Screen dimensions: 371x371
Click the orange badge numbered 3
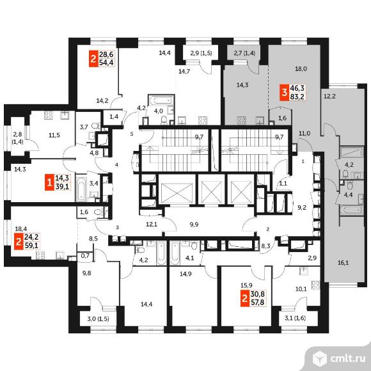point(284,92)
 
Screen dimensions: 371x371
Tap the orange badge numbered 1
point(49,182)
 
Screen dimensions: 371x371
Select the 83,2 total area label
point(297,97)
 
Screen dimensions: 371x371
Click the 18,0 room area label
point(301,69)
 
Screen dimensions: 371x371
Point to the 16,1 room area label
point(343,262)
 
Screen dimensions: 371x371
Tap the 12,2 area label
point(329,97)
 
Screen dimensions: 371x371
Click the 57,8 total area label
point(257,302)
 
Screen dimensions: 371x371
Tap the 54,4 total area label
point(106,63)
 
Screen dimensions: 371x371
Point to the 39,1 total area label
point(62,186)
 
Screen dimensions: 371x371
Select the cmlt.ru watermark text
point(347,359)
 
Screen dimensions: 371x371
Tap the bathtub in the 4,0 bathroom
point(161,100)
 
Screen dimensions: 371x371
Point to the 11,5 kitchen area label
point(54,136)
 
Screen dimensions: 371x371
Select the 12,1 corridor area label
point(152,224)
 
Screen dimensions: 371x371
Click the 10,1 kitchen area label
point(301,288)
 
